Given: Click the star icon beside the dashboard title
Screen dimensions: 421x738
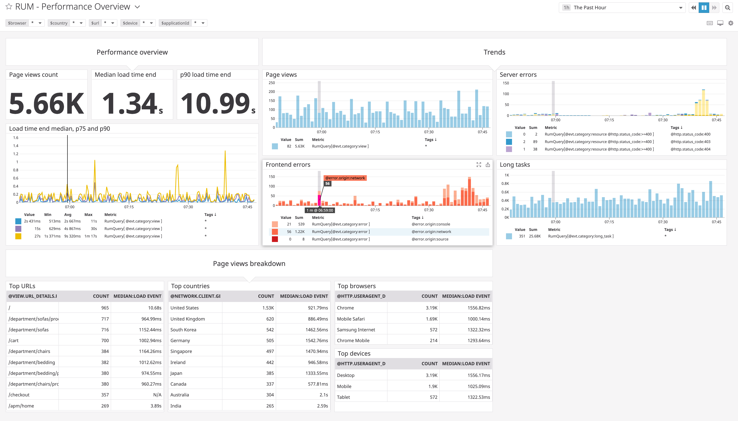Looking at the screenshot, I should (x=9, y=7).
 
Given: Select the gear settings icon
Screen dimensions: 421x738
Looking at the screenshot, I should (x=731, y=23).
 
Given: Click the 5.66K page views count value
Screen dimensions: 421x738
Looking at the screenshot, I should (x=46, y=103).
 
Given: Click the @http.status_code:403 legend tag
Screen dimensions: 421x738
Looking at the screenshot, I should (x=690, y=142).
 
